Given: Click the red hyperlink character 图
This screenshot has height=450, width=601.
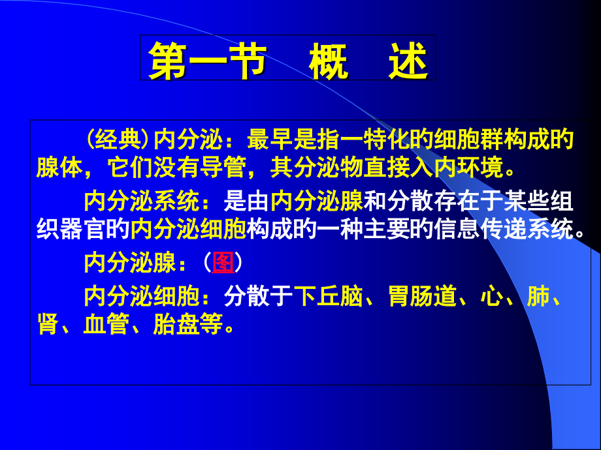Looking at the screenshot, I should pyautogui.click(x=223, y=263).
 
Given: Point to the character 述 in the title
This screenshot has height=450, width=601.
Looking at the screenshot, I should pyautogui.click(x=408, y=63).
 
